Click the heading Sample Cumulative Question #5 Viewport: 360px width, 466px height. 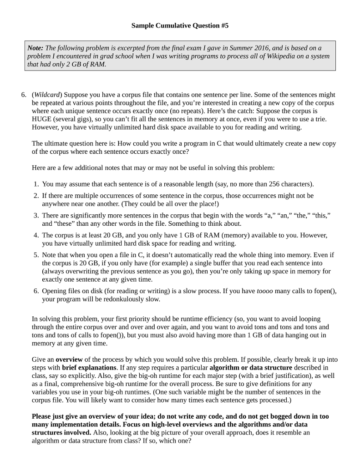coord(180,26)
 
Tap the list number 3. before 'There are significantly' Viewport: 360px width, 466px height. coord(36,215)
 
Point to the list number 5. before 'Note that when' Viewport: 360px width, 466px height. coord(36,255)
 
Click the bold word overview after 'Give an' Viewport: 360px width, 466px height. coord(70,359)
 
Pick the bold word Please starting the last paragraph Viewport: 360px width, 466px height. coord(42,416)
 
